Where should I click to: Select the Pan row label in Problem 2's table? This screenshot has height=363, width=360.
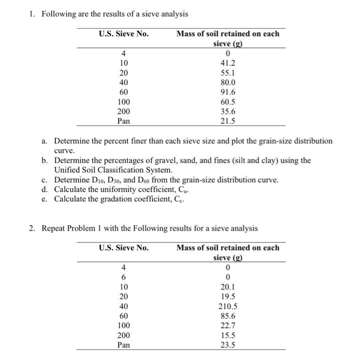[x=123, y=344]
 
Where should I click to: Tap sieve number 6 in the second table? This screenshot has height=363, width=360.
[x=123, y=277]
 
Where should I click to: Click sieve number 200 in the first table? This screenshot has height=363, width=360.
[x=124, y=111]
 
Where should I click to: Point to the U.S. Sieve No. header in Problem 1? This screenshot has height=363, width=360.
[x=123, y=34]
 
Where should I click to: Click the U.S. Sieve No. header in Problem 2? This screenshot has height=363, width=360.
[x=123, y=247]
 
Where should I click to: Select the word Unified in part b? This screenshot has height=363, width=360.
[x=67, y=170]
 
